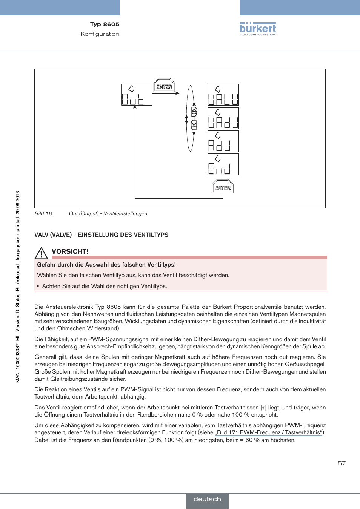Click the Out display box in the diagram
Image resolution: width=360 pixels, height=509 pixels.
click(x=137, y=95)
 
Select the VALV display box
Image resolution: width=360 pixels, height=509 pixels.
click(x=223, y=95)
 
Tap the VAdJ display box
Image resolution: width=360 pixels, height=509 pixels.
click(x=223, y=118)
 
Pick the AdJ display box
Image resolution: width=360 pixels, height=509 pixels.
click(x=223, y=141)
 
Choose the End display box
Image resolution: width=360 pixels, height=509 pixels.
click(x=223, y=164)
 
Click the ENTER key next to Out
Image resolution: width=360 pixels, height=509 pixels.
click(x=164, y=86)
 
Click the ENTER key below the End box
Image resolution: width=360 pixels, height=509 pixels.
click(x=223, y=187)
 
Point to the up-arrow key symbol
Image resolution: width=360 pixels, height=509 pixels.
click(x=194, y=112)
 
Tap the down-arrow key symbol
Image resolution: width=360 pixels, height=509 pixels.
click(x=194, y=124)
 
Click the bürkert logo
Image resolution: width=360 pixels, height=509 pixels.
click(x=258, y=29)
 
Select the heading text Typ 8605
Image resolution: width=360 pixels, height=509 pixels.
click(x=105, y=24)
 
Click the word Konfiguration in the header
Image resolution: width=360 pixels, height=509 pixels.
click(x=100, y=34)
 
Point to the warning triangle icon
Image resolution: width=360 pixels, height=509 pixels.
click(x=41, y=253)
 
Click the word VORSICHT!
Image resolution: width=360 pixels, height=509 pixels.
click(x=70, y=251)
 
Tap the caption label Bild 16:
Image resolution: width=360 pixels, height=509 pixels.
click(x=44, y=213)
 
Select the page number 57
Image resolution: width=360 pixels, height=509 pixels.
click(x=342, y=463)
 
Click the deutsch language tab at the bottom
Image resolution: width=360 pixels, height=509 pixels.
click(x=208, y=499)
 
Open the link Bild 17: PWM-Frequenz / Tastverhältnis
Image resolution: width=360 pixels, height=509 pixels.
click(x=269, y=432)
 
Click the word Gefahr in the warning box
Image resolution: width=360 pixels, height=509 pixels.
click(x=46, y=265)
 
